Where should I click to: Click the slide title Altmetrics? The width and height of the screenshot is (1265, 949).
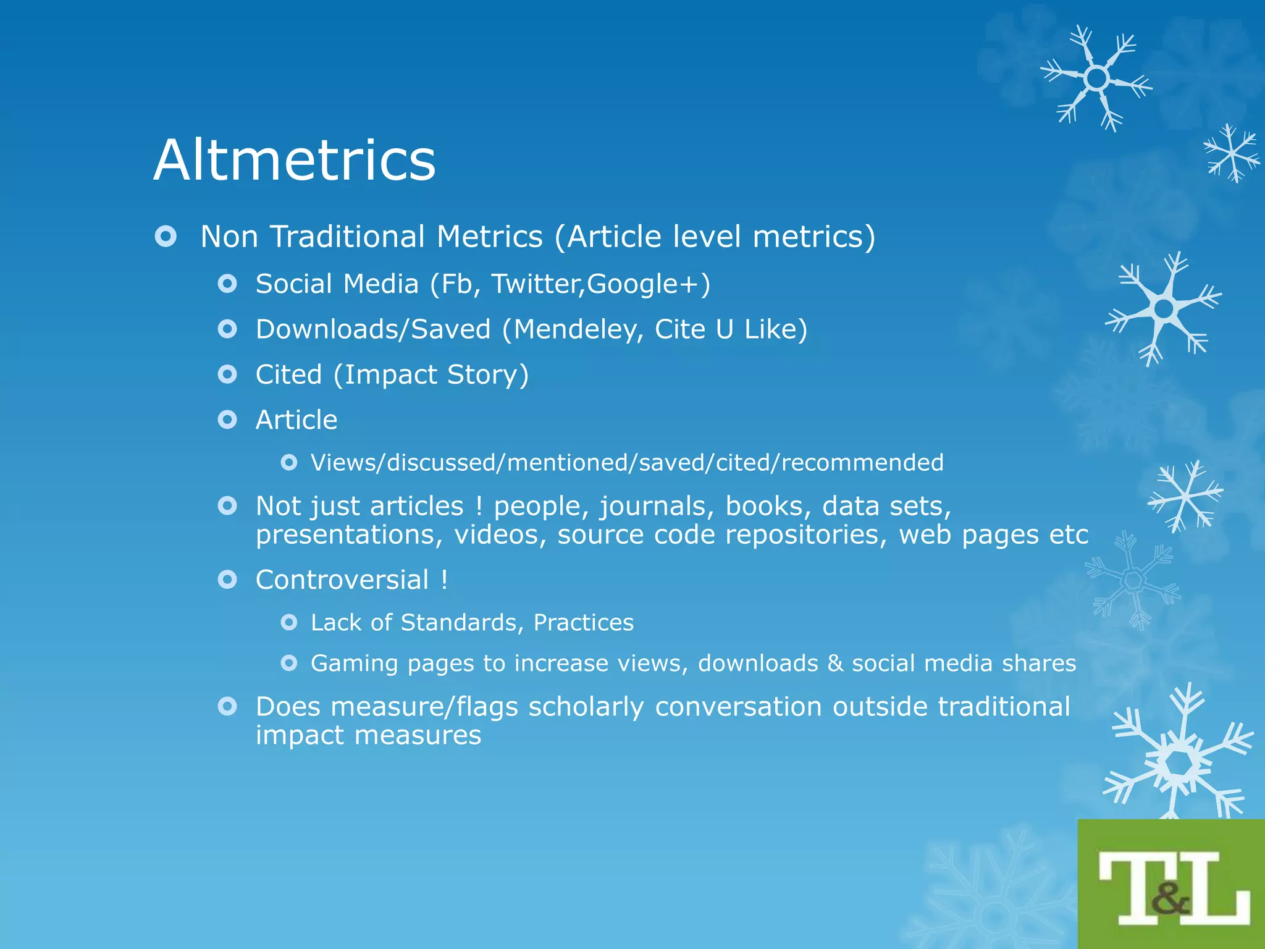(295, 160)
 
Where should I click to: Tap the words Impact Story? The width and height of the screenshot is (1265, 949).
(431, 375)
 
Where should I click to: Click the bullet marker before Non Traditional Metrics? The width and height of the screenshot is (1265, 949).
(166, 237)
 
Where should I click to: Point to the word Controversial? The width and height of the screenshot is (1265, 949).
(342, 580)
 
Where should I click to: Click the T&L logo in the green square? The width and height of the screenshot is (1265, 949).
(1172, 884)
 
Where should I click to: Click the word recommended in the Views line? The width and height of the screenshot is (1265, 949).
(862, 463)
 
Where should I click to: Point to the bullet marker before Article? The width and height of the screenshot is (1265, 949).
(227, 420)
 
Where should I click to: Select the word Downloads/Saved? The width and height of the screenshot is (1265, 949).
(373, 329)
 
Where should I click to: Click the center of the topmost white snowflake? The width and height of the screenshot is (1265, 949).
(1096, 78)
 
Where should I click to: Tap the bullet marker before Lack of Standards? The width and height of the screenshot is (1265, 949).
(288, 622)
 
